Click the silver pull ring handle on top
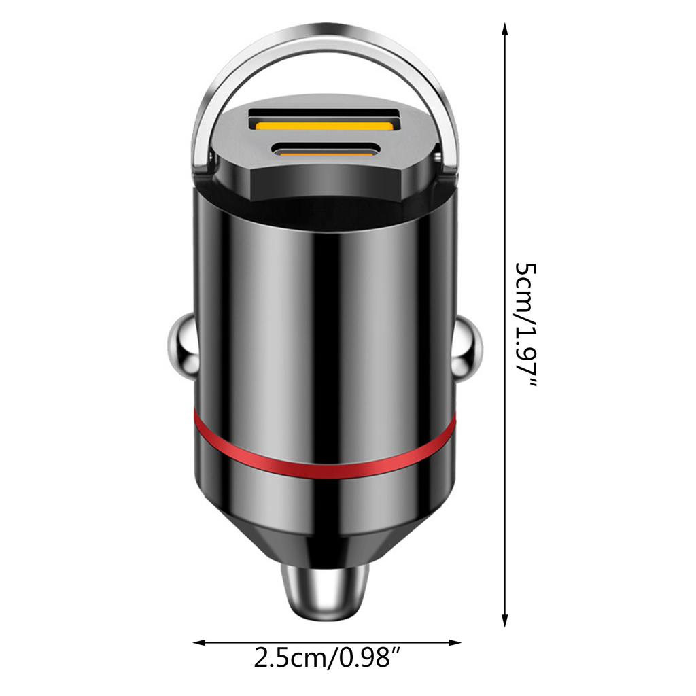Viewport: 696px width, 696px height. point(324,49)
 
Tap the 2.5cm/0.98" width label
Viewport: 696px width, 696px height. point(327,658)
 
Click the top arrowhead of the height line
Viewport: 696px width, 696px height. point(504,29)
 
